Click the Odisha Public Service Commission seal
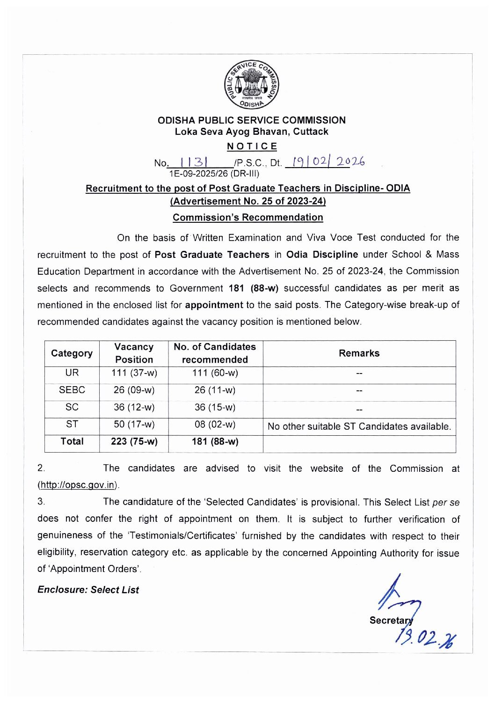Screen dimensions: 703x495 (251, 84)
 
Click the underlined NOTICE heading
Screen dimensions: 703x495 (252, 146)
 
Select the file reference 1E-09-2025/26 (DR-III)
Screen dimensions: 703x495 (214, 174)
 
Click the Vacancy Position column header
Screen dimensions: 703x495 (134, 353)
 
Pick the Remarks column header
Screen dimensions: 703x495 (359, 353)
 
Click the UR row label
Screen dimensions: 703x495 (72, 373)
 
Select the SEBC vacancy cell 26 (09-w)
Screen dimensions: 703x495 (134, 390)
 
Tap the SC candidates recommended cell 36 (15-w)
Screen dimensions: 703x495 (215, 407)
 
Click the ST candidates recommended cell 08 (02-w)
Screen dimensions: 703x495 (215, 425)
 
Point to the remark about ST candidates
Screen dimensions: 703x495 (359, 426)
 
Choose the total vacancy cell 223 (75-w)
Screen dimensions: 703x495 (134, 441)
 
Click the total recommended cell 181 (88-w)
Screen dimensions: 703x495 (215, 441)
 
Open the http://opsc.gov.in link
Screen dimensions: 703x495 (78, 485)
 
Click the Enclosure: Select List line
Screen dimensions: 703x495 (88, 590)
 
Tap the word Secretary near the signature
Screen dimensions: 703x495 (391, 621)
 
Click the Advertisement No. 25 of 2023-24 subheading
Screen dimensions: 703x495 (248, 201)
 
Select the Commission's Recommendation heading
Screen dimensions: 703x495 (247, 218)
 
